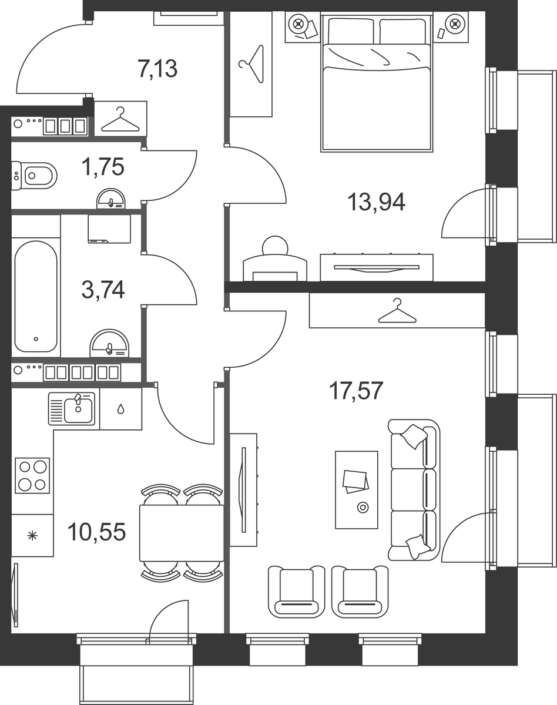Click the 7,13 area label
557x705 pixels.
point(158,69)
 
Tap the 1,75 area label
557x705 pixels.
point(103,167)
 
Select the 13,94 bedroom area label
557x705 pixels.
point(376,202)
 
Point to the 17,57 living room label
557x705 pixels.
point(356,391)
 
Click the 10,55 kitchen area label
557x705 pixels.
point(97,532)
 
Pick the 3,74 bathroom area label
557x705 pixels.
point(103,290)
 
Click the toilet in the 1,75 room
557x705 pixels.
point(34,176)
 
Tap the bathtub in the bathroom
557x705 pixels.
point(36,297)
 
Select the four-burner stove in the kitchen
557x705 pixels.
point(32,475)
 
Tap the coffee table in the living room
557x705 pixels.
point(357,490)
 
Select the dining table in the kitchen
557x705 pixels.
point(182,533)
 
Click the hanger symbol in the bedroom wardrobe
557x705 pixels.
point(251,64)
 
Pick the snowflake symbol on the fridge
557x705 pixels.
point(32,536)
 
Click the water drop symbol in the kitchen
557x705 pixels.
point(120,409)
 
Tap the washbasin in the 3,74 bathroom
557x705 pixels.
point(110,343)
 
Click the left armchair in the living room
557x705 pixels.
point(297,592)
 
